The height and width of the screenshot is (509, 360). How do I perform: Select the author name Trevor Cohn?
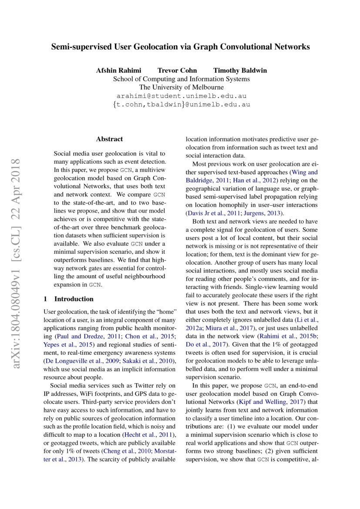(177, 70)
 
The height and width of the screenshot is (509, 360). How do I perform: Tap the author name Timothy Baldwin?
(240, 70)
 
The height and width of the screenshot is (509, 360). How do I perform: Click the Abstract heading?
(109, 139)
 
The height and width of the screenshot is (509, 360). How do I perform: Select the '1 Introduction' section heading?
(69, 299)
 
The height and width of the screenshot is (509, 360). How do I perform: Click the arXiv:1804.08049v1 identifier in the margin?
(18, 296)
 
